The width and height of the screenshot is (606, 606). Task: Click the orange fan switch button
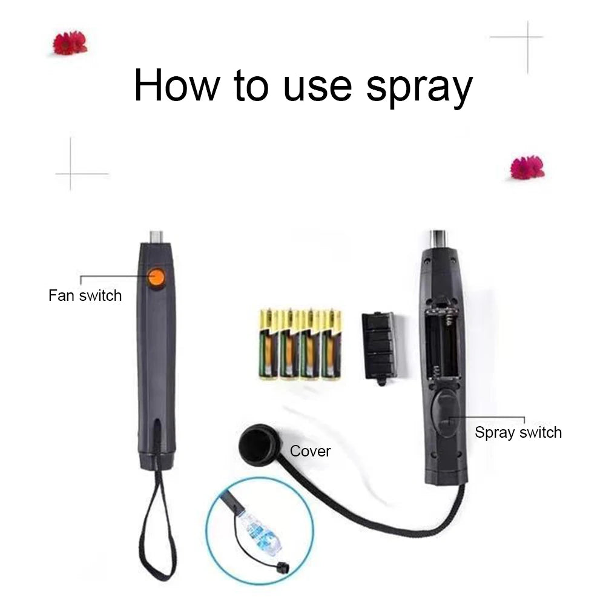pyautogui.click(x=157, y=278)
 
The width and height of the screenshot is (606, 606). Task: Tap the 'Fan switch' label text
pyautogui.click(x=85, y=296)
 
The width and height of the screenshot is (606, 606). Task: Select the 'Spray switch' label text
pyautogui.click(x=518, y=432)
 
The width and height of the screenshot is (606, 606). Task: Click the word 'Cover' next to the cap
pyautogui.click(x=310, y=451)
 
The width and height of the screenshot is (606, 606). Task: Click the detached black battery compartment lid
pyautogui.click(x=378, y=347)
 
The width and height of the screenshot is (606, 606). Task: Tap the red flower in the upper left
pyautogui.click(x=70, y=43)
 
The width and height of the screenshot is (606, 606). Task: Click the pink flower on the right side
pyautogui.click(x=527, y=168)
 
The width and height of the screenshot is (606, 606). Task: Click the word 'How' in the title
pyautogui.click(x=176, y=85)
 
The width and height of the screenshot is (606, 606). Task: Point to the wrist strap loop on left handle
pyautogui.click(x=157, y=527)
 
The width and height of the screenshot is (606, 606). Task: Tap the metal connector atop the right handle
pyautogui.click(x=438, y=237)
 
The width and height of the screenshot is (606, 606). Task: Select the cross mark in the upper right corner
pyautogui.click(x=526, y=38)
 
